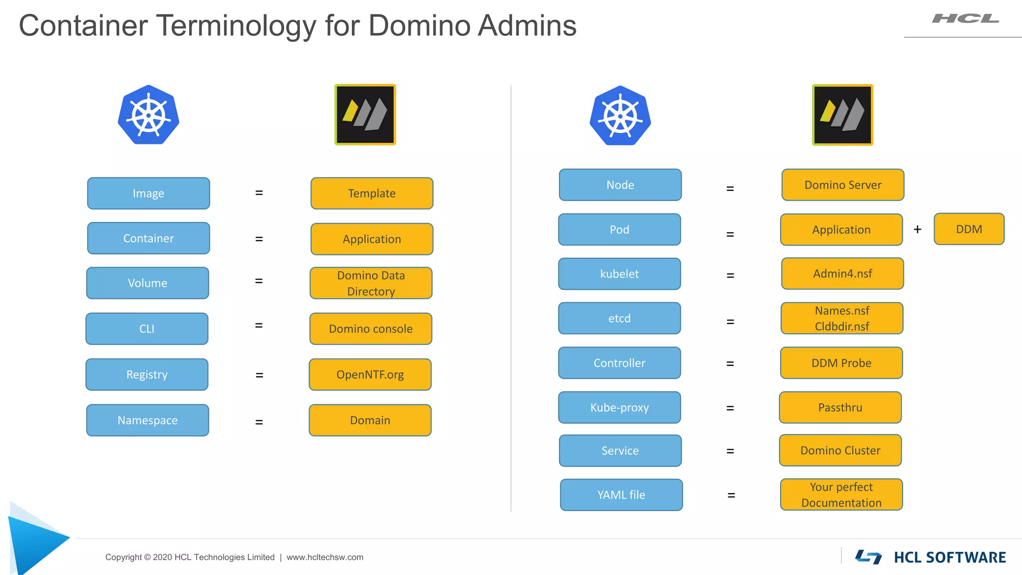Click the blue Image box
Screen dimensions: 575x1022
tap(148, 193)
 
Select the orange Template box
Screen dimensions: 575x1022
tap(372, 193)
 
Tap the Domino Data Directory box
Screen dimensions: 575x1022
tap(371, 283)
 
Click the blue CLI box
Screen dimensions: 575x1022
tap(147, 328)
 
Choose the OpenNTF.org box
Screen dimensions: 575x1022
tap(370, 374)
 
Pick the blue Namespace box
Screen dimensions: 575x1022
tap(147, 420)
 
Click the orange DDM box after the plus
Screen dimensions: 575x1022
tap(969, 229)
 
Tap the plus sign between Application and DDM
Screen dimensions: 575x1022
tap(917, 229)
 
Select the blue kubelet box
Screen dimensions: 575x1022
tap(619, 274)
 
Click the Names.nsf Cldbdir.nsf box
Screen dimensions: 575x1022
tap(842, 318)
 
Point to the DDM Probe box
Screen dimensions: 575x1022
tap(841, 363)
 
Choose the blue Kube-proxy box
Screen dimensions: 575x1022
tap(619, 407)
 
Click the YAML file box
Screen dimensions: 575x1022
tap(621, 495)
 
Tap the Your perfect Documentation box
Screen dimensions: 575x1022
tap(841, 495)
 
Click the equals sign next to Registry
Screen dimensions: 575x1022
tap(259, 375)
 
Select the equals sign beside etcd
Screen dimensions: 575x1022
tap(730, 322)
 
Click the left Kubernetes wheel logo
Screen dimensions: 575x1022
tap(148, 115)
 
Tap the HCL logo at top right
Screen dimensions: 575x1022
tap(965, 19)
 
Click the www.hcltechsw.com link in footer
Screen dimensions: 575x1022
tap(325, 557)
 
